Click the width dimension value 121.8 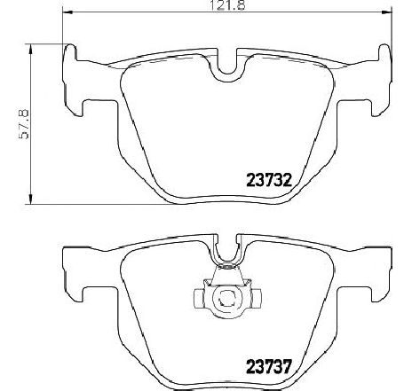pos(227,5)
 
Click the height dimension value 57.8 pos(24,124)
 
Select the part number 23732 pos(269,180)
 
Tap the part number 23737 pos(269,366)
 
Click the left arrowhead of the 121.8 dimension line pos(67,12)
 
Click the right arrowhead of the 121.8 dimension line pos(387,12)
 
